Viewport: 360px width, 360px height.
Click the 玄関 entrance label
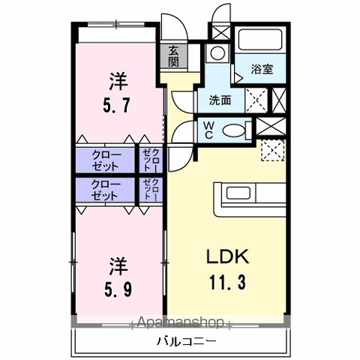point(173,56)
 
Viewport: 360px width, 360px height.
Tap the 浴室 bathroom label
point(262,68)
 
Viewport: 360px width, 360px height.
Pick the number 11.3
point(227,283)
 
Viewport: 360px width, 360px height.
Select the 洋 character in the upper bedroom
point(118,77)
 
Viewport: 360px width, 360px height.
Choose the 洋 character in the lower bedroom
point(118,265)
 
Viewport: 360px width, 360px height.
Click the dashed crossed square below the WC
point(272,151)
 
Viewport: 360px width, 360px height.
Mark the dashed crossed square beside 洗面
point(257,99)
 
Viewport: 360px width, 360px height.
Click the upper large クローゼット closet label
point(105,159)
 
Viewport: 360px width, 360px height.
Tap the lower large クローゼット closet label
point(105,189)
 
